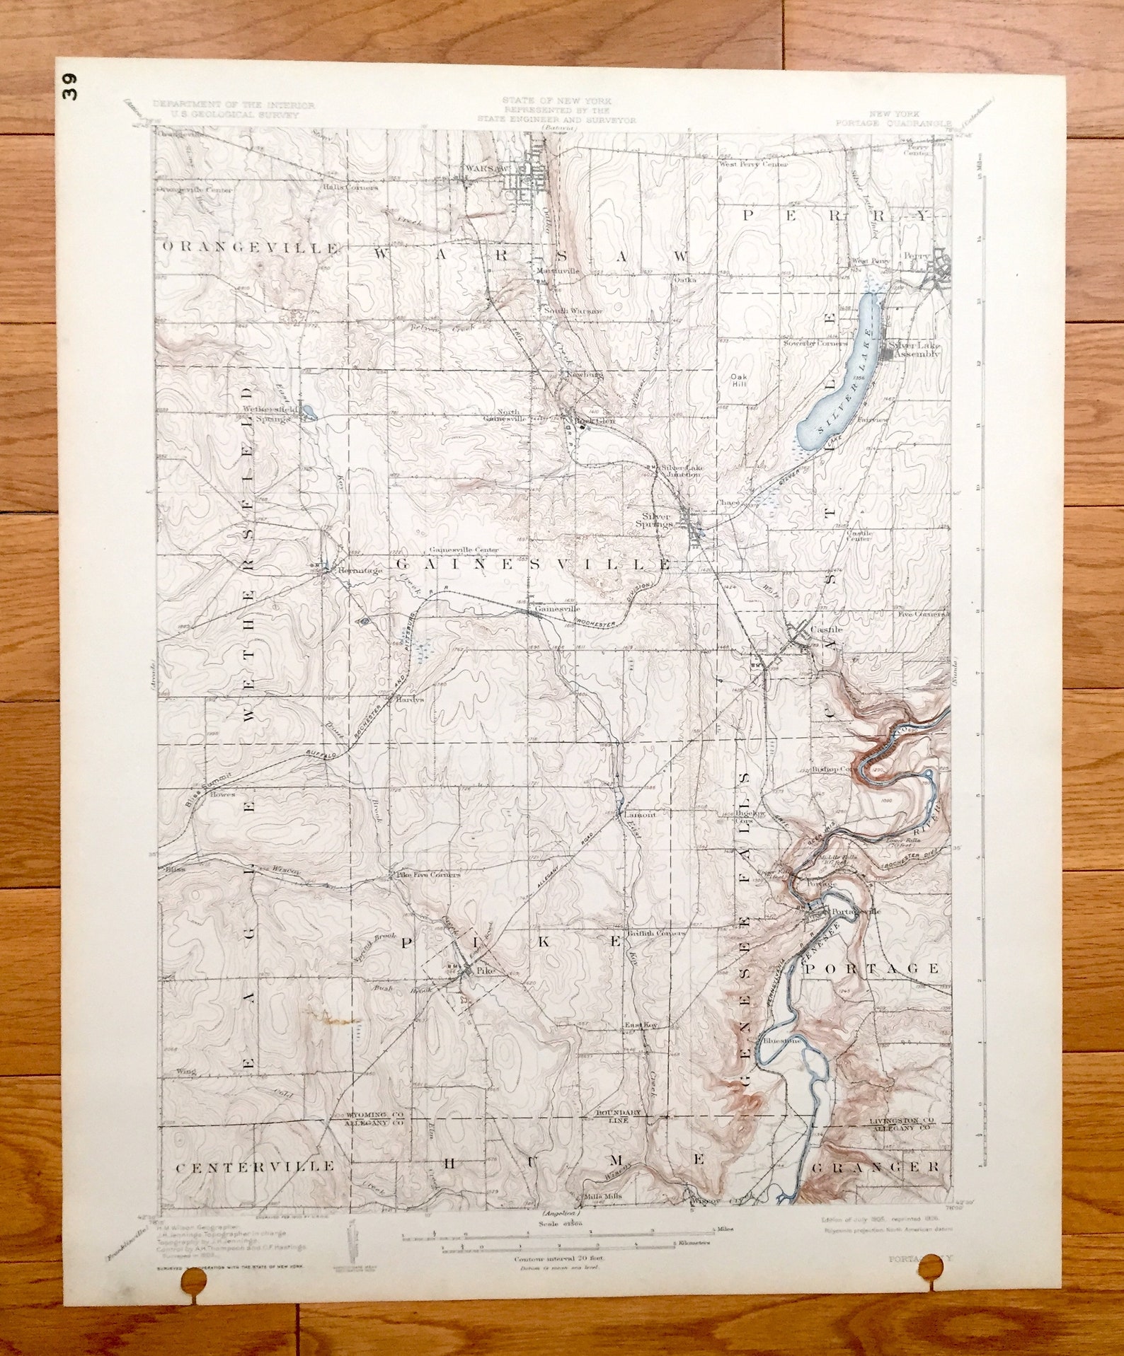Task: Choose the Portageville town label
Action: (856, 912)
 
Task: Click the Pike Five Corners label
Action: (427, 874)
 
